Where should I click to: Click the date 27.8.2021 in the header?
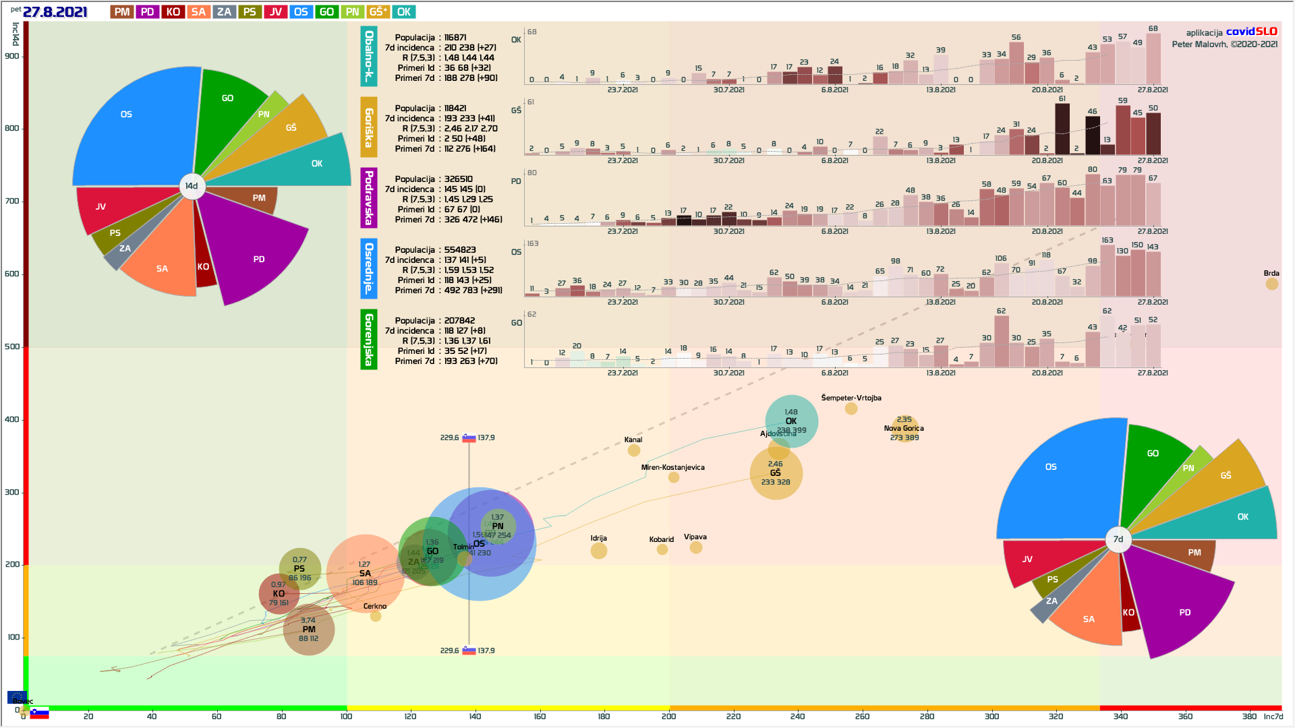pyautogui.click(x=55, y=12)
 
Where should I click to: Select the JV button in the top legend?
pyautogui.click(x=275, y=12)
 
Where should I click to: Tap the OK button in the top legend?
pyautogui.click(x=403, y=12)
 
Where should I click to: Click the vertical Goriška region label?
pyautogui.click(x=369, y=127)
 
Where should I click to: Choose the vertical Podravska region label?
pyautogui.click(x=369, y=198)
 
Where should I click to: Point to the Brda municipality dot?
pyautogui.click(x=1271, y=284)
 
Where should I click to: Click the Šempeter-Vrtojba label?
pyautogui.click(x=851, y=398)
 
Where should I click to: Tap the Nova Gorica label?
pyautogui.click(x=904, y=428)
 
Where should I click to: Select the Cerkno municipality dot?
pyautogui.click(x=376, y=615)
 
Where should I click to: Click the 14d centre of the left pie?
pyautogui.click(x=192, y=186)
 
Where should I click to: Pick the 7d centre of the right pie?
pyautogui.click(x=1118, y=539)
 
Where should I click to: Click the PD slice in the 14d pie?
pyautogui.click(x=259, y=259)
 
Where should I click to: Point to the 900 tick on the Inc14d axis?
pyautogui.click(x=12, y=57)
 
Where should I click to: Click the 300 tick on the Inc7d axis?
pyautogui.click(x=991, y=716)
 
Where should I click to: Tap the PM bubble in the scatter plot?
pyautogui.click(x=309, y=630)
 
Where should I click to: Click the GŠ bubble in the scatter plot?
pyautogui.click(x=776, y=473)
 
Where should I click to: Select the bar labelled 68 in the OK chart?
pyautogui.click(x=1153, y=59)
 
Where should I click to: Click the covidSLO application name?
pyautogui.click(x=1251, y=32)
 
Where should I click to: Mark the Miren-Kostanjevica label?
pyautogui.click(x=672, y=467)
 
